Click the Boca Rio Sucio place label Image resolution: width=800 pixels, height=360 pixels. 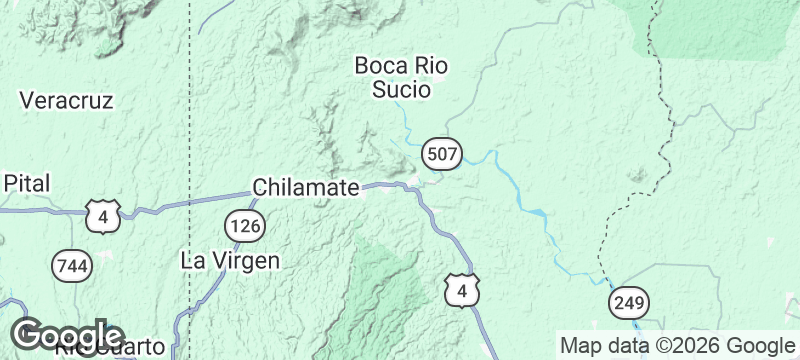pyautogui.click(x=400, y=78)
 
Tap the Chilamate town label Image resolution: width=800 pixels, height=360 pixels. pyautogui.click(x=305, y=188)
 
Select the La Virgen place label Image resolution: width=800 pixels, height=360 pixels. pyautogui.click(x=229, y=260)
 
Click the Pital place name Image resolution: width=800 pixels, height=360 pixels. pyautogui.click(x=27, y=183)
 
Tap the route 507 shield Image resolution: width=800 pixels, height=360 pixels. pyautogui.click(x=441, y=153)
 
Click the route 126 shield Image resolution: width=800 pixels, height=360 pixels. pyautogui.click(x=244, y=226)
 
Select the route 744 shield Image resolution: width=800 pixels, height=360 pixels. pyautogui.click(x=70, y=264)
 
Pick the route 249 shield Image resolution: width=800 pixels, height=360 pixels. pyautogui.click(x=630, y=301)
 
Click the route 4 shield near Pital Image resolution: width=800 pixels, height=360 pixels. pyautogui.click(x=103, y=216)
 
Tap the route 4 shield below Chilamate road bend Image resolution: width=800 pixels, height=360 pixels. pyautogui.click(x=462, y=290)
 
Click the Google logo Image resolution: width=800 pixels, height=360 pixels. pyautogui.click(x=68, y=335)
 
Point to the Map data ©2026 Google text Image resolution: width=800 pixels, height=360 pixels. pyautogui.click(x=676, y=345)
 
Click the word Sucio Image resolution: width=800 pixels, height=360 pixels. pyautogui.click(x=400, y=90)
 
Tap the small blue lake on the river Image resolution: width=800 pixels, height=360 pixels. pyautogui.click(x=537, y=213)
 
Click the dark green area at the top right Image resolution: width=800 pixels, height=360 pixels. pyautogui.click(x=720, y=25)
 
